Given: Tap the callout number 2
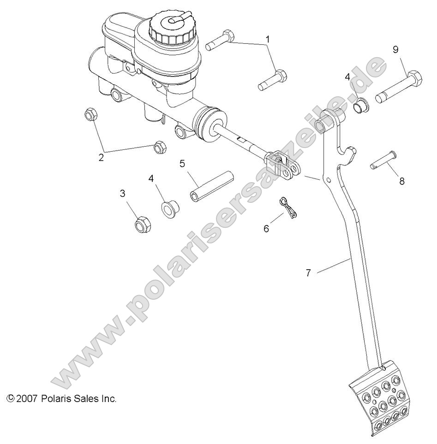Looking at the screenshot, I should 101,157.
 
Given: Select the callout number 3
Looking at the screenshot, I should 123,194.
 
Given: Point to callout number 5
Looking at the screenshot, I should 182,163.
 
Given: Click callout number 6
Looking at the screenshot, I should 266,228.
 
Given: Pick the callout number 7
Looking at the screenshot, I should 308,273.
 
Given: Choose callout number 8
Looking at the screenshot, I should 402,181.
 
